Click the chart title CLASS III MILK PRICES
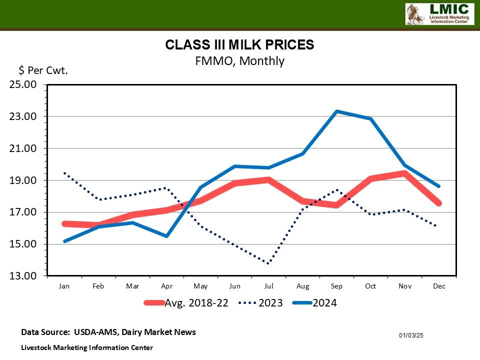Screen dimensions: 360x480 coord(239,45)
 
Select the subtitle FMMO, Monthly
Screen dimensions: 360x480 coord(239,61)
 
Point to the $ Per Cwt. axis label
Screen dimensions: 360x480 coord(43,70)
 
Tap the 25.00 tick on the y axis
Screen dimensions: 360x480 coord(23,84)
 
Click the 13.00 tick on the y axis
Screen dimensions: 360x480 coord(23,276)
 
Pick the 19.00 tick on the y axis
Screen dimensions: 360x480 coord(23,180)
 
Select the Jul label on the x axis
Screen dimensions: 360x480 coord(268,286)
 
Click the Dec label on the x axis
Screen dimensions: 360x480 coord(438,286)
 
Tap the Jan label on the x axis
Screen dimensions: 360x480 coord(64,286)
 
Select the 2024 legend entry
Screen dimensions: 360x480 coord(324,303)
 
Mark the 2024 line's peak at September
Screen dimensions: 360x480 coord(336,111)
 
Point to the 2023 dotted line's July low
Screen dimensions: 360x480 coord(268,263)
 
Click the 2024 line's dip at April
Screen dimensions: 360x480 coord(166,236)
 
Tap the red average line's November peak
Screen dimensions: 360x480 coord(404,173)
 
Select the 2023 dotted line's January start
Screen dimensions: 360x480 coord(64,173)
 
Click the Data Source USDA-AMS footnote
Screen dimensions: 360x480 coord(108,332)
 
